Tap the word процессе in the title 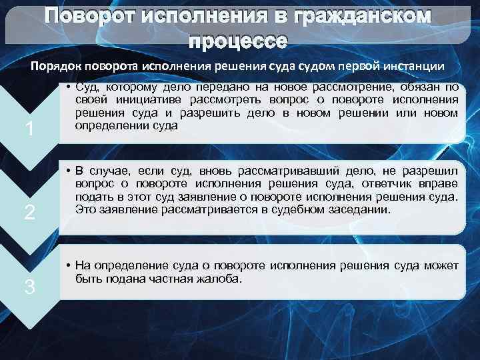pyautogui.click(x=238, y=41)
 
